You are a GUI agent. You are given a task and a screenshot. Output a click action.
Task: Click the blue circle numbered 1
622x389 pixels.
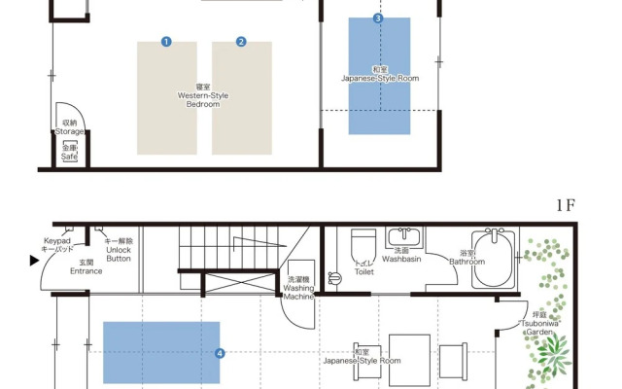click(x=166, y=42)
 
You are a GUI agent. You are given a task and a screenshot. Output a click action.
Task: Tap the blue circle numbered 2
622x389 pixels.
click(x=241, y=42)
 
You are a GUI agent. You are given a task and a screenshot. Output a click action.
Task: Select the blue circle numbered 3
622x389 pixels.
click(x=378, y=18)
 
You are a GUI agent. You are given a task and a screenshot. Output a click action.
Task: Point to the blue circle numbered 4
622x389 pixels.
click(x=220, y=353)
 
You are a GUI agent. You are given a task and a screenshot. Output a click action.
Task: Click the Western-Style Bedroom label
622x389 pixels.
click(x=203, y=99)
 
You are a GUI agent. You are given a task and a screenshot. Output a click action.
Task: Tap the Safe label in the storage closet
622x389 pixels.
click(x=69, y=157)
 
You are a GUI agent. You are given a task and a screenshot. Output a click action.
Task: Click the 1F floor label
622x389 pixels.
click(x=566, y=205)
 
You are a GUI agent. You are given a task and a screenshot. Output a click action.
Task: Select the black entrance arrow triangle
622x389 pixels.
click(x=35, y=261)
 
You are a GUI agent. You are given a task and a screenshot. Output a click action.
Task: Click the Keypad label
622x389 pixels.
click(x=57, y=241)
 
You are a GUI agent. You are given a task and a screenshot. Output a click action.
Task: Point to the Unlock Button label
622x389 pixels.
click(x=119, y=254)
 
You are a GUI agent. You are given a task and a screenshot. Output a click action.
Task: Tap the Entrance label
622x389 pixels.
click(x=86, y=271)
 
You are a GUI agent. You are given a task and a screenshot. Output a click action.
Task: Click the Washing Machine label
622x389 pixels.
click(x=298, y=292)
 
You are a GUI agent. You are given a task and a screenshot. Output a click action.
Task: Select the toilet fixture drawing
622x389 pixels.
click(x=363, y=245)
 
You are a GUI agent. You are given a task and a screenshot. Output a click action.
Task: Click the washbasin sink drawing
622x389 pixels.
click(x=404, y=237)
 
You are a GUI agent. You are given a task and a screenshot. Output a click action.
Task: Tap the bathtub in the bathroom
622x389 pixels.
click(x=494, y=259)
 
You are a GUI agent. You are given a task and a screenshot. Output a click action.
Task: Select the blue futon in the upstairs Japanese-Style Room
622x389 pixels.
click(x=379, y=76)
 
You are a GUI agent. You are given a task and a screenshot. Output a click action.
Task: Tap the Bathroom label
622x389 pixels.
click(x=466, y=262)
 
